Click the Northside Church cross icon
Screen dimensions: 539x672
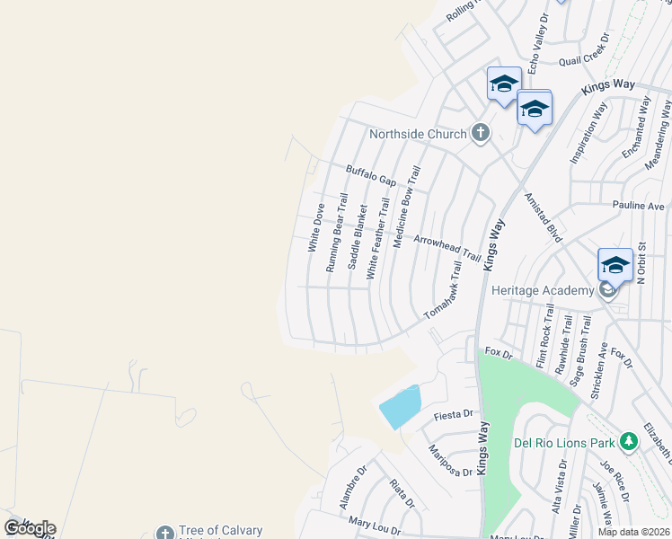pyautogui.click(x=481, y=134)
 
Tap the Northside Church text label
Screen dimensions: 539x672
pyautogui.click(x=419, y=135)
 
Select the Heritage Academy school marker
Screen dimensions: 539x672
pyautogui.click(x=615, y=265)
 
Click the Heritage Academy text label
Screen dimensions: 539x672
pyautogui.click(x=542, y=290)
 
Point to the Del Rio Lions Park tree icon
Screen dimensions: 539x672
pyautogui.click(x=628, y=442)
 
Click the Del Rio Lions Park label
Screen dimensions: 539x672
pyautogui.click(x=563, y=443)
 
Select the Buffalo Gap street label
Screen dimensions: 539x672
pyautogui.click(x=371, y=174)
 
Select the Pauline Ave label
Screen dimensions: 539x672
pyautogui.click(x=638, y=206)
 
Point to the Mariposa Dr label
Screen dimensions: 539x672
pyautogui.click(x=450, y=459)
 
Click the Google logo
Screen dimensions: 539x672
pyautogui.click(x=30, y=528)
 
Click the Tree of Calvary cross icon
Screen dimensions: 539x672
pyautogui.click(x=164, y=533)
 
